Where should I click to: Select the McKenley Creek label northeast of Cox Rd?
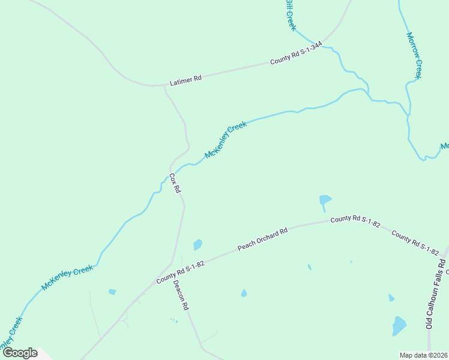(226, 140)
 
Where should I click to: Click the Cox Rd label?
(175, 183)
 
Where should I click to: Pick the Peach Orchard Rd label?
(263, 239)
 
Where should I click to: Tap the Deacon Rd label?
(181, 294)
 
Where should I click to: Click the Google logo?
(20, 353)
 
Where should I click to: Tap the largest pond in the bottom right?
(399, 326)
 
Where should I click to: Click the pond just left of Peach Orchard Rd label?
(197, 245)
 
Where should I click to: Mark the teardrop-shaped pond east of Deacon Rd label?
(244, 293)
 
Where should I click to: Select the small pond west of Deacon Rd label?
(112, 292)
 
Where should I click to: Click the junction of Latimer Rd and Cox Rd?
(164, 86)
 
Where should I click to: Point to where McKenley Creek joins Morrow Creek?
(409, 115)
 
